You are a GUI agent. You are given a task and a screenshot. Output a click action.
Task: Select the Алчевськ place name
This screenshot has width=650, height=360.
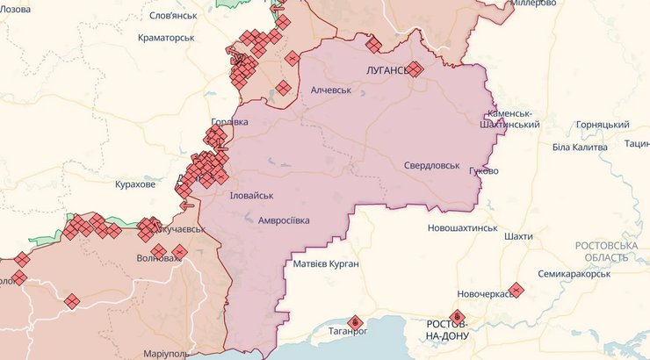pyautogui.click(x=331, y=90)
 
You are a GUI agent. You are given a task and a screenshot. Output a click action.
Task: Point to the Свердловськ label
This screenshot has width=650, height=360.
pyautogui.click(x=431, y=165)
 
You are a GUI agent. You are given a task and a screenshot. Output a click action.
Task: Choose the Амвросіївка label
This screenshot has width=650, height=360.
pyautogui.click(x=284, y=221)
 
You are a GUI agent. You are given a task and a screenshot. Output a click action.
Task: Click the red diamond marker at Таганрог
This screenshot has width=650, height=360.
pyautogui.click(x=355, y=322)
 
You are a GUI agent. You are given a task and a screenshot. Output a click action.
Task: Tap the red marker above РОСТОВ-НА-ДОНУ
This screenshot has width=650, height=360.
pyautogui.click(x=456, y=317)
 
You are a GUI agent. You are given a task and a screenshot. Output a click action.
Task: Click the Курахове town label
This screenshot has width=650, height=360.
pyautogui.click(x=135, y=184)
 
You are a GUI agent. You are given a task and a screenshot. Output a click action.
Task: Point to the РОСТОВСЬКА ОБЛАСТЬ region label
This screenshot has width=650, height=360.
pyautogui.click(x=607, y=251)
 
